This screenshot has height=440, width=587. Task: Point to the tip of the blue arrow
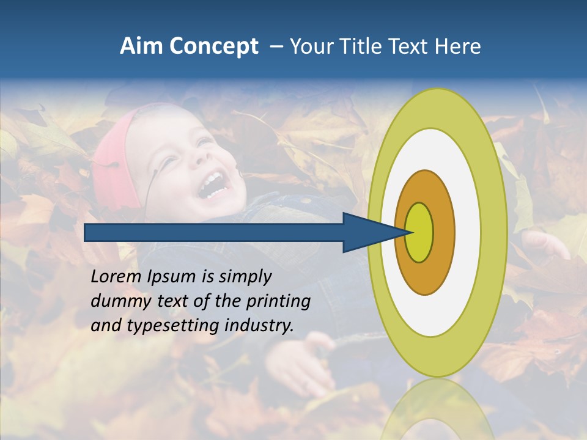[408, 232]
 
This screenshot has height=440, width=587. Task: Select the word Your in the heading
[310, 46]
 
